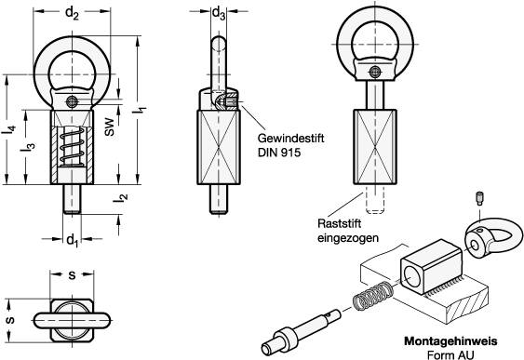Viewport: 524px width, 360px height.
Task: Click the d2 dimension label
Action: tap(72, 14)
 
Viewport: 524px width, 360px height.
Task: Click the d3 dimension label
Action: tap(219, 14)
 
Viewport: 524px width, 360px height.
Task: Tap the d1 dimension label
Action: tap(72, 240)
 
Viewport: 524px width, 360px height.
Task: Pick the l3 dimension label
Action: tap(28, 147)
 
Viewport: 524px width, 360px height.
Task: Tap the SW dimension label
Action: tap(109, 127)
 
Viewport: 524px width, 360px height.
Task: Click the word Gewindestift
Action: tap(290, 138)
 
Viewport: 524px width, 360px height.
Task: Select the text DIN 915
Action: tap(279, 153)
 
